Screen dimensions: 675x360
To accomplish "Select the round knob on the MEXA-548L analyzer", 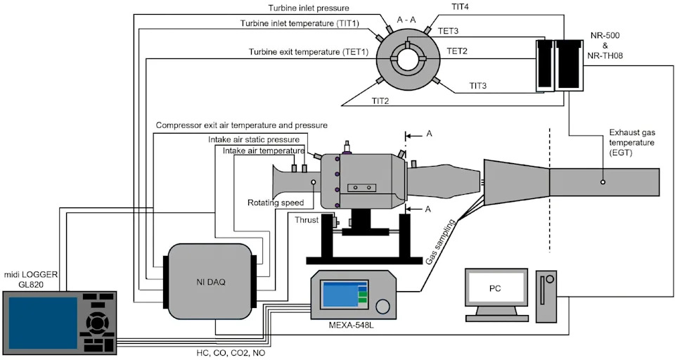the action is coord(382,306).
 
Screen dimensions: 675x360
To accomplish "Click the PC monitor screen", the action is coord(496,288).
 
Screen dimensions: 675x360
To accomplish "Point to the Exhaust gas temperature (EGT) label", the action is coord(632,142).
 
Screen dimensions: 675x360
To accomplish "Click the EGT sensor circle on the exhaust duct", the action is coord(603,182).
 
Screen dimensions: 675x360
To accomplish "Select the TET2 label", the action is coord(457,51).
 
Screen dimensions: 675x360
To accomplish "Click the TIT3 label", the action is coord(477,86).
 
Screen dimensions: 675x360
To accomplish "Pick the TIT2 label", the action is coord(380,101).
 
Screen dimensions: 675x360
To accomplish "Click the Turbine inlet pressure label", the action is coord(308,8).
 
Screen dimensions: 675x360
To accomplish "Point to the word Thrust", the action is coord(307,220).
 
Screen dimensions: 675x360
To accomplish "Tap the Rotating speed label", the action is coord(276,202).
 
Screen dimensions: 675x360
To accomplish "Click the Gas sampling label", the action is coord(440,242).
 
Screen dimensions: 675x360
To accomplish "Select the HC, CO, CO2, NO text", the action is coord(228,353).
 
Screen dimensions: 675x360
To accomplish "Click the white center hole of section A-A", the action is coord(407,60).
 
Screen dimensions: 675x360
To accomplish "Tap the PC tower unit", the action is coord(546,297).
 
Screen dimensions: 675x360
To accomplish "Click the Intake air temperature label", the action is coord(264,150).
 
